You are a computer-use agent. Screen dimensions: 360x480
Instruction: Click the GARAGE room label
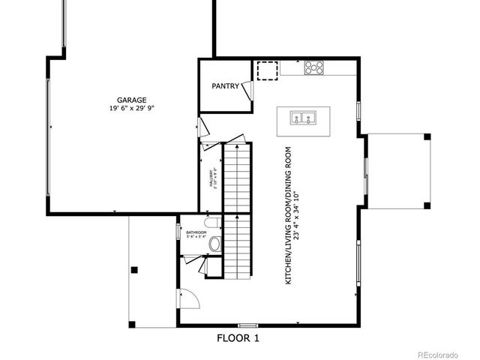click(131, 100)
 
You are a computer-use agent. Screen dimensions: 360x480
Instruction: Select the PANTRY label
click(225, 86)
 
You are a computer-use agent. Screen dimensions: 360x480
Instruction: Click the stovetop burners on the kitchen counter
click(315, 68)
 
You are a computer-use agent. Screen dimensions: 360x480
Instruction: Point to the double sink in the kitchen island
click(304, 118)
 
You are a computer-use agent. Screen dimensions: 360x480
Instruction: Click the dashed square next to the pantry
click(266, 70)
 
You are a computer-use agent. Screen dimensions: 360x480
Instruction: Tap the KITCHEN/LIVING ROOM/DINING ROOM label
click(288, 214)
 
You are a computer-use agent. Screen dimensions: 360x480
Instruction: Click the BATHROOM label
click(196, 233)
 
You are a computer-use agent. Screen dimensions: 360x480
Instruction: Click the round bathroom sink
click(215, 244)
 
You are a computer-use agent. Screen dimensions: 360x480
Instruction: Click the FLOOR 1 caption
click(238, 338)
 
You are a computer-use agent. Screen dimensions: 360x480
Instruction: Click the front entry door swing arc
click(190, 297)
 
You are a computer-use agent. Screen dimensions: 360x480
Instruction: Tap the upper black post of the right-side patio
click(427, 136)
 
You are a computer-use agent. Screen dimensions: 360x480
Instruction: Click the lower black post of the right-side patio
click(427, 204)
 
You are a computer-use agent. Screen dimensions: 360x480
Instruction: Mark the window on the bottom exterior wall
click(247, 325)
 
